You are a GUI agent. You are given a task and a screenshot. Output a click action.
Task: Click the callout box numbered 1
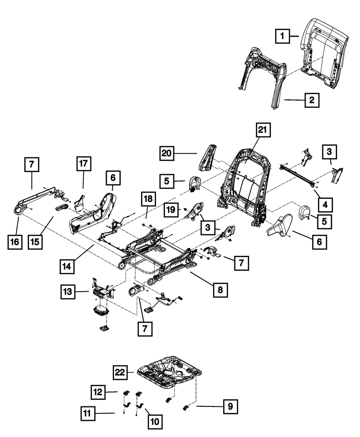(283, 36)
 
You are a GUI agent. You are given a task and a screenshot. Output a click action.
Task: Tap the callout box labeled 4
(325, 204)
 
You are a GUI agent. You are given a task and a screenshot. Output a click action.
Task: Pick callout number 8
(220, 289)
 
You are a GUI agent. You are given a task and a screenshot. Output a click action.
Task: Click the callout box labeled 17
(84, 164)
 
